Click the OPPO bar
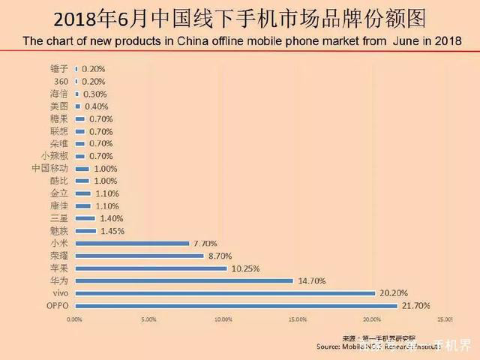[235, 306]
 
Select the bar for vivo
[224, 293]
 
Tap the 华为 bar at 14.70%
[184, 280]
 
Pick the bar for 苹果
[151, 268]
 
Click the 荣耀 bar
[139, 256]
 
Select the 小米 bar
[131, 243]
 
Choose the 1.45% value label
[112, 230]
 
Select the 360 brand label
[61, 81]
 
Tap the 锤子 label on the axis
[60, 68]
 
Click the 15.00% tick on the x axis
[297, 319]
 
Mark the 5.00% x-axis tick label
[148, 319]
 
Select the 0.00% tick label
[75, 319]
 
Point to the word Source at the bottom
[331, 346]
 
